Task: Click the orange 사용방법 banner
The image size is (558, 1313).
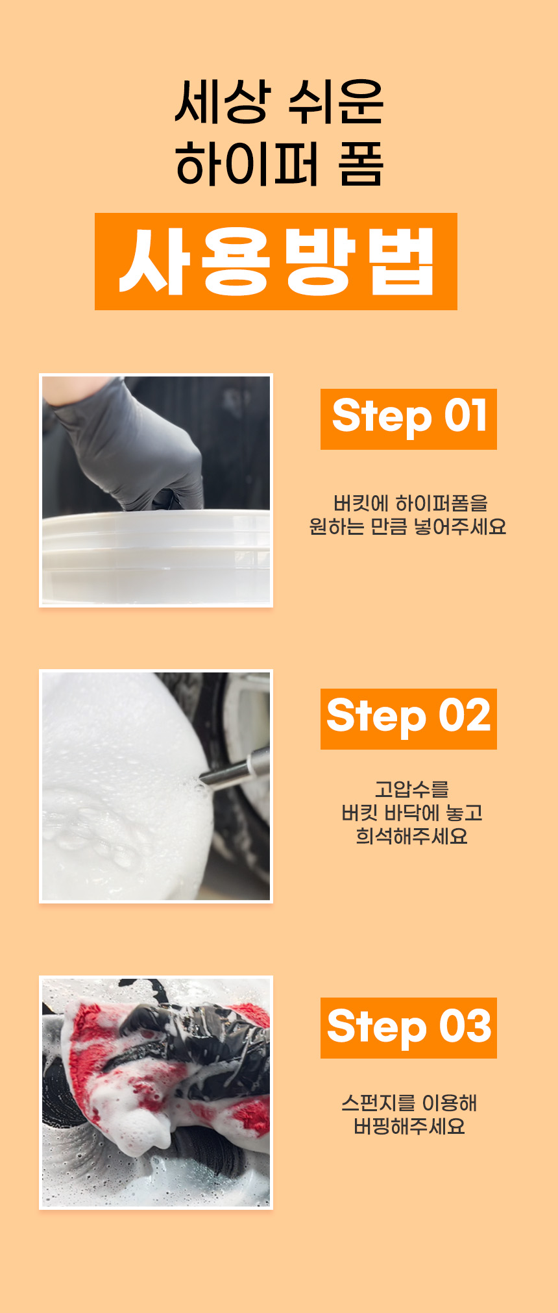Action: [276, 262]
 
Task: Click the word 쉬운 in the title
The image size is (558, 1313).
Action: [335, 101]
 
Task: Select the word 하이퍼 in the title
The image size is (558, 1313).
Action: [247, 163]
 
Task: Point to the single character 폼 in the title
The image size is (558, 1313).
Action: [361, 163]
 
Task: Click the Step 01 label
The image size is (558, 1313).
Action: [409, 419]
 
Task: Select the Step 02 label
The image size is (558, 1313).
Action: [409, 719]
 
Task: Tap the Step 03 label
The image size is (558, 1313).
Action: [409, 1028]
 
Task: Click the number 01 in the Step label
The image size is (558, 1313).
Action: [465, 415]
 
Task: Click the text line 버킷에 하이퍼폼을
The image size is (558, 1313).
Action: [410, 503]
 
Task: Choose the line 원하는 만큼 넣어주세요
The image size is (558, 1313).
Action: [408, 526]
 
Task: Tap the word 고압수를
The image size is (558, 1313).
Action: [412, 790]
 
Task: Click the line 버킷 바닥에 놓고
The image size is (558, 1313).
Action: [412, 813]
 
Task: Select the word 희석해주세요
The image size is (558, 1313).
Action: [412, 836]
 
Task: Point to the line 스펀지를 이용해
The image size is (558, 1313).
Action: [409, 1103]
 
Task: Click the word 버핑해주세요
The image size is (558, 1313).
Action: [409, 1126]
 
